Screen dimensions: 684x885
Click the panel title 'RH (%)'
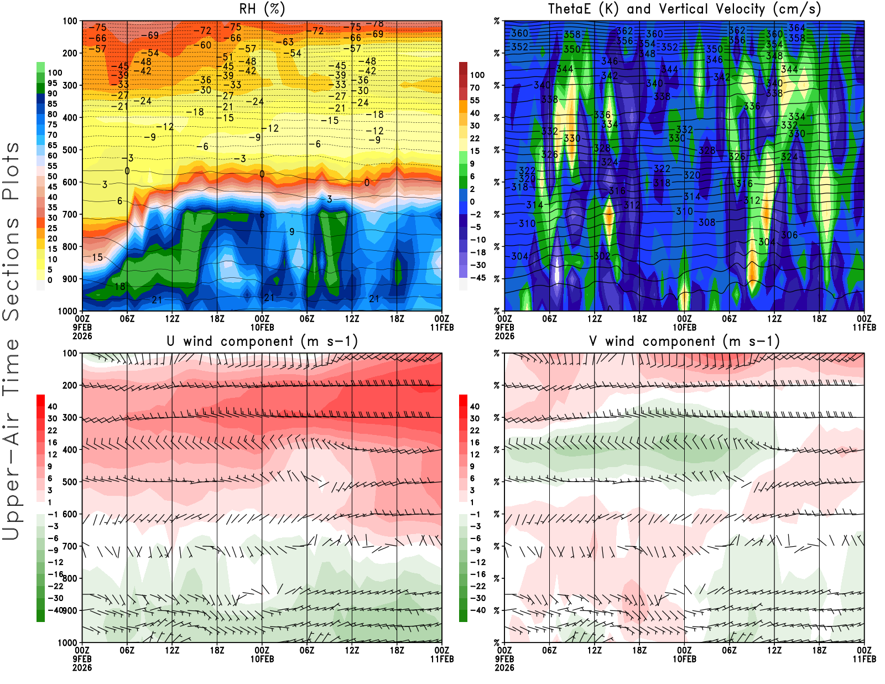point(262,9)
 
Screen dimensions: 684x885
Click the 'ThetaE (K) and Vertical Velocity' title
point(684,9)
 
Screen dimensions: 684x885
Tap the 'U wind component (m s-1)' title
point(262,341)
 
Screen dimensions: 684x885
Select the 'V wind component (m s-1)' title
point(684,341)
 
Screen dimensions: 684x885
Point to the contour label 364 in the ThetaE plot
point(796,28)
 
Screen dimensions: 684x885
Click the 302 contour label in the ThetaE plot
point(602,256)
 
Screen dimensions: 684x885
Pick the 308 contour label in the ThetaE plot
point(707,222)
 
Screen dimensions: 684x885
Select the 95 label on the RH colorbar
point(52,83)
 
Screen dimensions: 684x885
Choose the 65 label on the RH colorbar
point(52,145)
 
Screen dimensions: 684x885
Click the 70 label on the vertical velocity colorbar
point(475,87)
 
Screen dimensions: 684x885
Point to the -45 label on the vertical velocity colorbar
point(478,278)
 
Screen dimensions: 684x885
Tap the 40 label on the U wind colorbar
point(52,406)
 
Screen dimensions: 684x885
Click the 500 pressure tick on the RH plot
point(70,150)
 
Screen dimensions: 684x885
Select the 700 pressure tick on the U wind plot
point(70,546)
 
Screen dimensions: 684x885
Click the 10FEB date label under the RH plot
point(262,328)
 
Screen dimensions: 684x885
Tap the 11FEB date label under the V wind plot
point(864,659)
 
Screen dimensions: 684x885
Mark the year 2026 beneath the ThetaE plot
point(504,336)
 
